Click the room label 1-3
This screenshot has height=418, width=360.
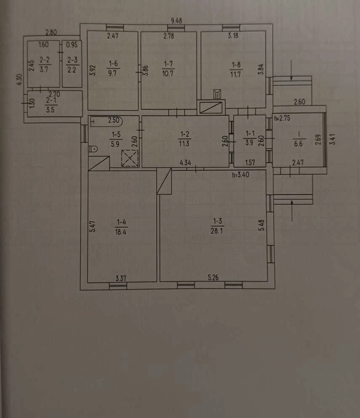tap(217, 221)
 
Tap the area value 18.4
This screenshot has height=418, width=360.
tap(121, 232)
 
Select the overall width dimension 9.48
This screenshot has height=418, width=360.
tap(176, 21)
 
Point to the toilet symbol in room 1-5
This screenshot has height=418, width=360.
tap(93, 148)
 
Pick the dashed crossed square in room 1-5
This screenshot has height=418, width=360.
tap(130, 158)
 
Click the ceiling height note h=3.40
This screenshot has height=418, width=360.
tap(240, 174)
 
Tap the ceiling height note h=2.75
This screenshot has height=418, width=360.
tap(282, 118)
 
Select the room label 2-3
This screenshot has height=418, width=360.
tap(72, 60)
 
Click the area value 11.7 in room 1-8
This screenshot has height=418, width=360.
tap(236, 75)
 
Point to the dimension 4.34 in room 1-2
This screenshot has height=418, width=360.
tap(185, 163)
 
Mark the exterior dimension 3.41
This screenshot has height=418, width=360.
tap(333, 139)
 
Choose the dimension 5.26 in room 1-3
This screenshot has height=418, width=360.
tap(213, 278)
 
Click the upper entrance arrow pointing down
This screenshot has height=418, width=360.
tap(291, 70)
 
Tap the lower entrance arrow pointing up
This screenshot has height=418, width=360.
tap(292, 211)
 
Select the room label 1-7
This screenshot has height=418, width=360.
tap(168, 64)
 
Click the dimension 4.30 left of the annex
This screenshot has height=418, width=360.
tap(20, 80)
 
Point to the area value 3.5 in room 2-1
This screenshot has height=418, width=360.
tap(51, 110)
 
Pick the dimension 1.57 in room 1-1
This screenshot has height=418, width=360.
tap(250, 162)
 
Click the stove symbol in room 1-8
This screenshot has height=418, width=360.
tap(217, 94)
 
